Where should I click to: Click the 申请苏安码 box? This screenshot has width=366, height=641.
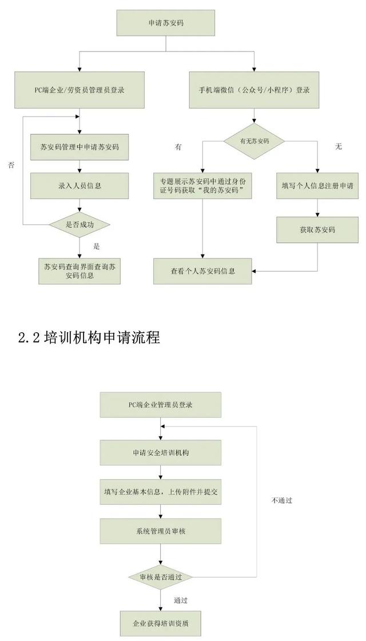click(166, 24)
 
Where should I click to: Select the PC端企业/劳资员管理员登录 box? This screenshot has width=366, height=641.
click(79, 90)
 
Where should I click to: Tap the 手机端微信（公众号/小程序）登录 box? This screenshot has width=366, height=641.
click(254, 90)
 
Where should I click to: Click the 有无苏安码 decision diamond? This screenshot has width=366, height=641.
click(254, 140)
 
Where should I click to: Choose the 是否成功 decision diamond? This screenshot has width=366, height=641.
click(79, 225)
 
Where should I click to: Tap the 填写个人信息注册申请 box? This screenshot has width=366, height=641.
click(317, 185)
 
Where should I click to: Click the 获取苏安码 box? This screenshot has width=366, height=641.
click(317, 229)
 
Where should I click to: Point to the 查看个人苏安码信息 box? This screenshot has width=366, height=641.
click(202, 270)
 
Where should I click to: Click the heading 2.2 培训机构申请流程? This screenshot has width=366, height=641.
click(89, 337)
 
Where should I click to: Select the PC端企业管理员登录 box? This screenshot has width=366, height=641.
click(160, 405)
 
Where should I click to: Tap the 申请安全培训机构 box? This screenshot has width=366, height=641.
click(160, 452)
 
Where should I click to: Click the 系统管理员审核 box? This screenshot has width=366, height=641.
click(160, 531)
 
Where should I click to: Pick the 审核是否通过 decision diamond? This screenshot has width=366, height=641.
click(161, 576)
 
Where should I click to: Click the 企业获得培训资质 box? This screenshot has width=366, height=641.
click(161, 623)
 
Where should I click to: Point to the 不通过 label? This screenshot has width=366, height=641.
click(282, 500)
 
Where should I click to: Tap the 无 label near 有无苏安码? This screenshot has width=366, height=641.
click(338, 147)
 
